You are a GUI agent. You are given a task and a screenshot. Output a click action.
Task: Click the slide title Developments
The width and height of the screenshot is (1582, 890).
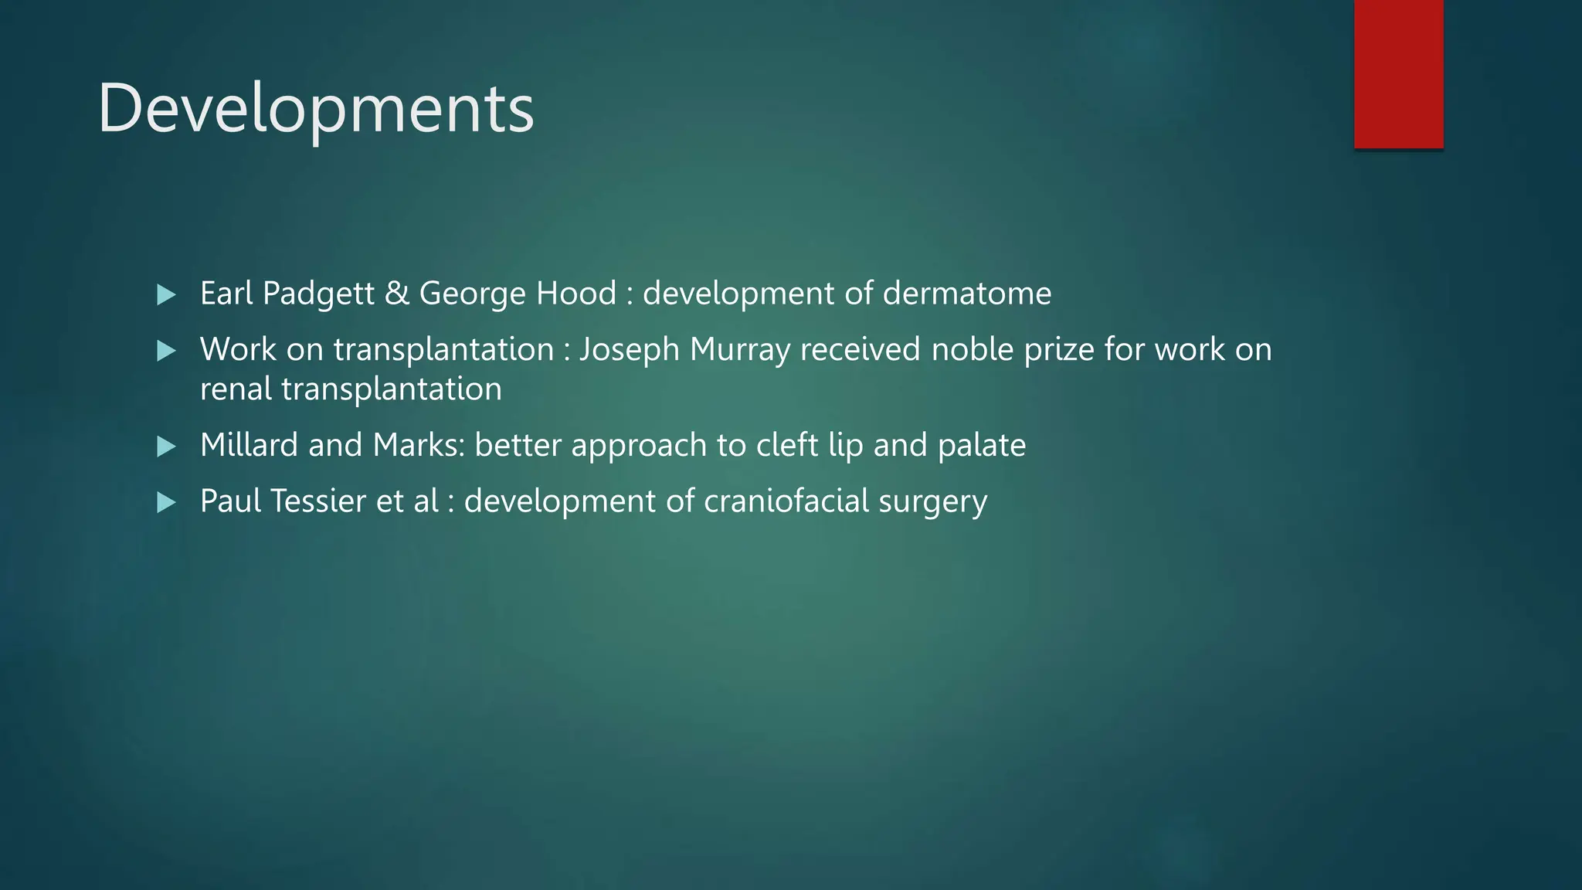[x=315, y=108]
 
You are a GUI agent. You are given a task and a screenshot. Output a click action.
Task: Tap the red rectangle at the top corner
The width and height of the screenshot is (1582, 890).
[x=1398, y=73]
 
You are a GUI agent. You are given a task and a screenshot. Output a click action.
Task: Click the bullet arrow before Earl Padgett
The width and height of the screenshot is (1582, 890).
[x=166, y=294]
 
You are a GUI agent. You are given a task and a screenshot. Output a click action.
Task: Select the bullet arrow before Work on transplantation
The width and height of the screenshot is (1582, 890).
[x=166, y=351]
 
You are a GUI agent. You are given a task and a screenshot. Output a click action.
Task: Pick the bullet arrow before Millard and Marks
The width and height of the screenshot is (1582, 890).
[x=166, y=446]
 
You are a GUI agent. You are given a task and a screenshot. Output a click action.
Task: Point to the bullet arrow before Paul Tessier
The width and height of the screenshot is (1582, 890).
[x=166, y=502]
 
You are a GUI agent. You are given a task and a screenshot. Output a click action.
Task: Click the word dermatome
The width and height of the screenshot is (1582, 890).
[x=966, y=294]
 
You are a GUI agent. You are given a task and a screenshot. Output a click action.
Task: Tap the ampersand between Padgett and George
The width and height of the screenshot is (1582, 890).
[x=397, y=294]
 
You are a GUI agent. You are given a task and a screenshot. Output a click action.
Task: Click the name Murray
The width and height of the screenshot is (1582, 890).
[x=739, y=350]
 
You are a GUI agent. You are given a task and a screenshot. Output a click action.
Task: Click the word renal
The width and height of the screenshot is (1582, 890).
[x=236, y=389]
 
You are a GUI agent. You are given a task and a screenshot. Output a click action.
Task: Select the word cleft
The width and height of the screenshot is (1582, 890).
[x=787, y=445]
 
